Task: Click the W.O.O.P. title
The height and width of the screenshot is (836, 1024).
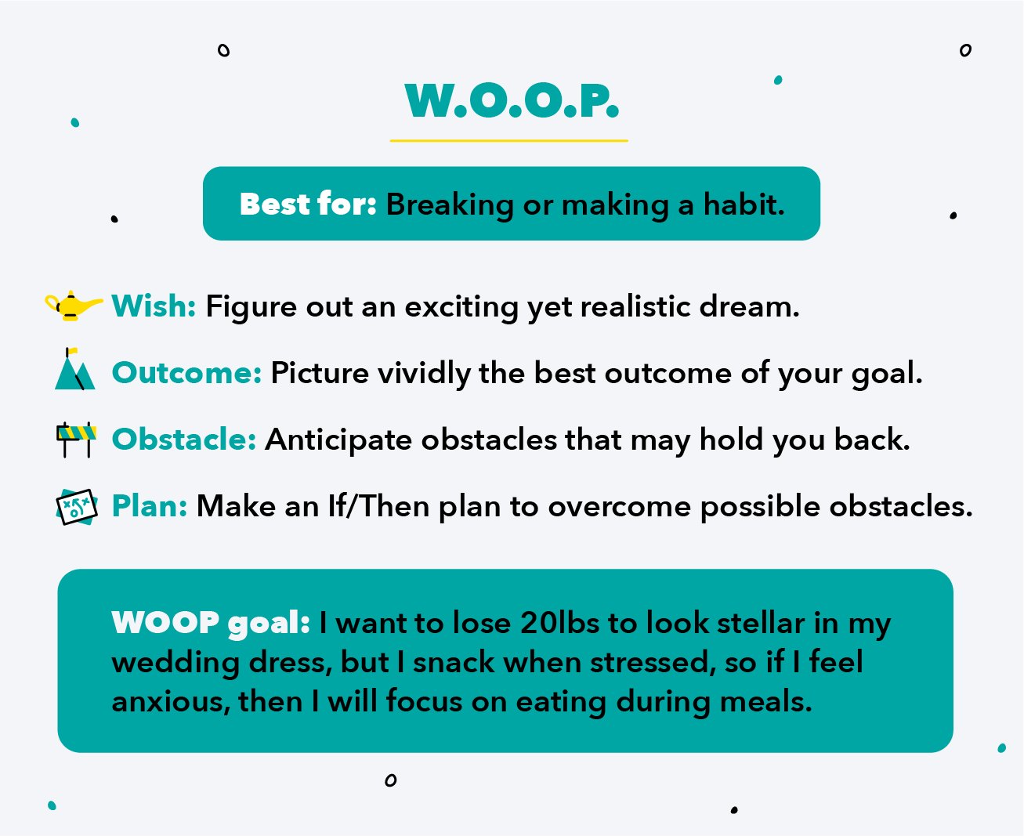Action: tap(512, 100)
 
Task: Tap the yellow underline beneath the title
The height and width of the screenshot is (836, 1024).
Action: tap(508, 141)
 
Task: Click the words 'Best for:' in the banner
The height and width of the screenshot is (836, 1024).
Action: tap(308, 204)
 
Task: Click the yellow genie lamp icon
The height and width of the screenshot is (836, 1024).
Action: tap(73, 306)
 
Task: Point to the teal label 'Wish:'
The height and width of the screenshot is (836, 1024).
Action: tap(154, 306)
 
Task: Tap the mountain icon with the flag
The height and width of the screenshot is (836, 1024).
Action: tap(74, 369)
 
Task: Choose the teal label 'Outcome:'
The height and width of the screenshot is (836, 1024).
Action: tap(187, 373)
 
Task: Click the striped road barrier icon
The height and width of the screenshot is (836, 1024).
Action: tap(76, 440)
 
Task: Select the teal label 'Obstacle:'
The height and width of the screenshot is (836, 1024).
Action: tap(184, 440)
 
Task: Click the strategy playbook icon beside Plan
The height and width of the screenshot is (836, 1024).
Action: tap(77, 506)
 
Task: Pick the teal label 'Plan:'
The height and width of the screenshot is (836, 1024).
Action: tap(150, 506)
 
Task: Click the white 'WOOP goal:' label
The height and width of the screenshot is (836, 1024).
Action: tap(210, 623)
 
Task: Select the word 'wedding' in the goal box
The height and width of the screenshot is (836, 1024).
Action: tap(175, 663)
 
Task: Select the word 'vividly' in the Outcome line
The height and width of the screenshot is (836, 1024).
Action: tap(424, 374)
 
